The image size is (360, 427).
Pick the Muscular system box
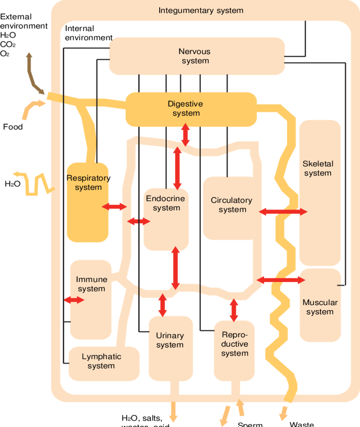320,307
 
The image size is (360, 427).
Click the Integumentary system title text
201,10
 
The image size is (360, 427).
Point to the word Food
13,127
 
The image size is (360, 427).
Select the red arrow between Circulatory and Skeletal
283,211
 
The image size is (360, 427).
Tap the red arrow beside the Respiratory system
114,207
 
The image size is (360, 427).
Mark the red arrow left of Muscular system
281,280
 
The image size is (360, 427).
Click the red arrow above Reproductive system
233,310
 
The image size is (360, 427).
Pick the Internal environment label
88,33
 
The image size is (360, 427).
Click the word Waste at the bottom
302,424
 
